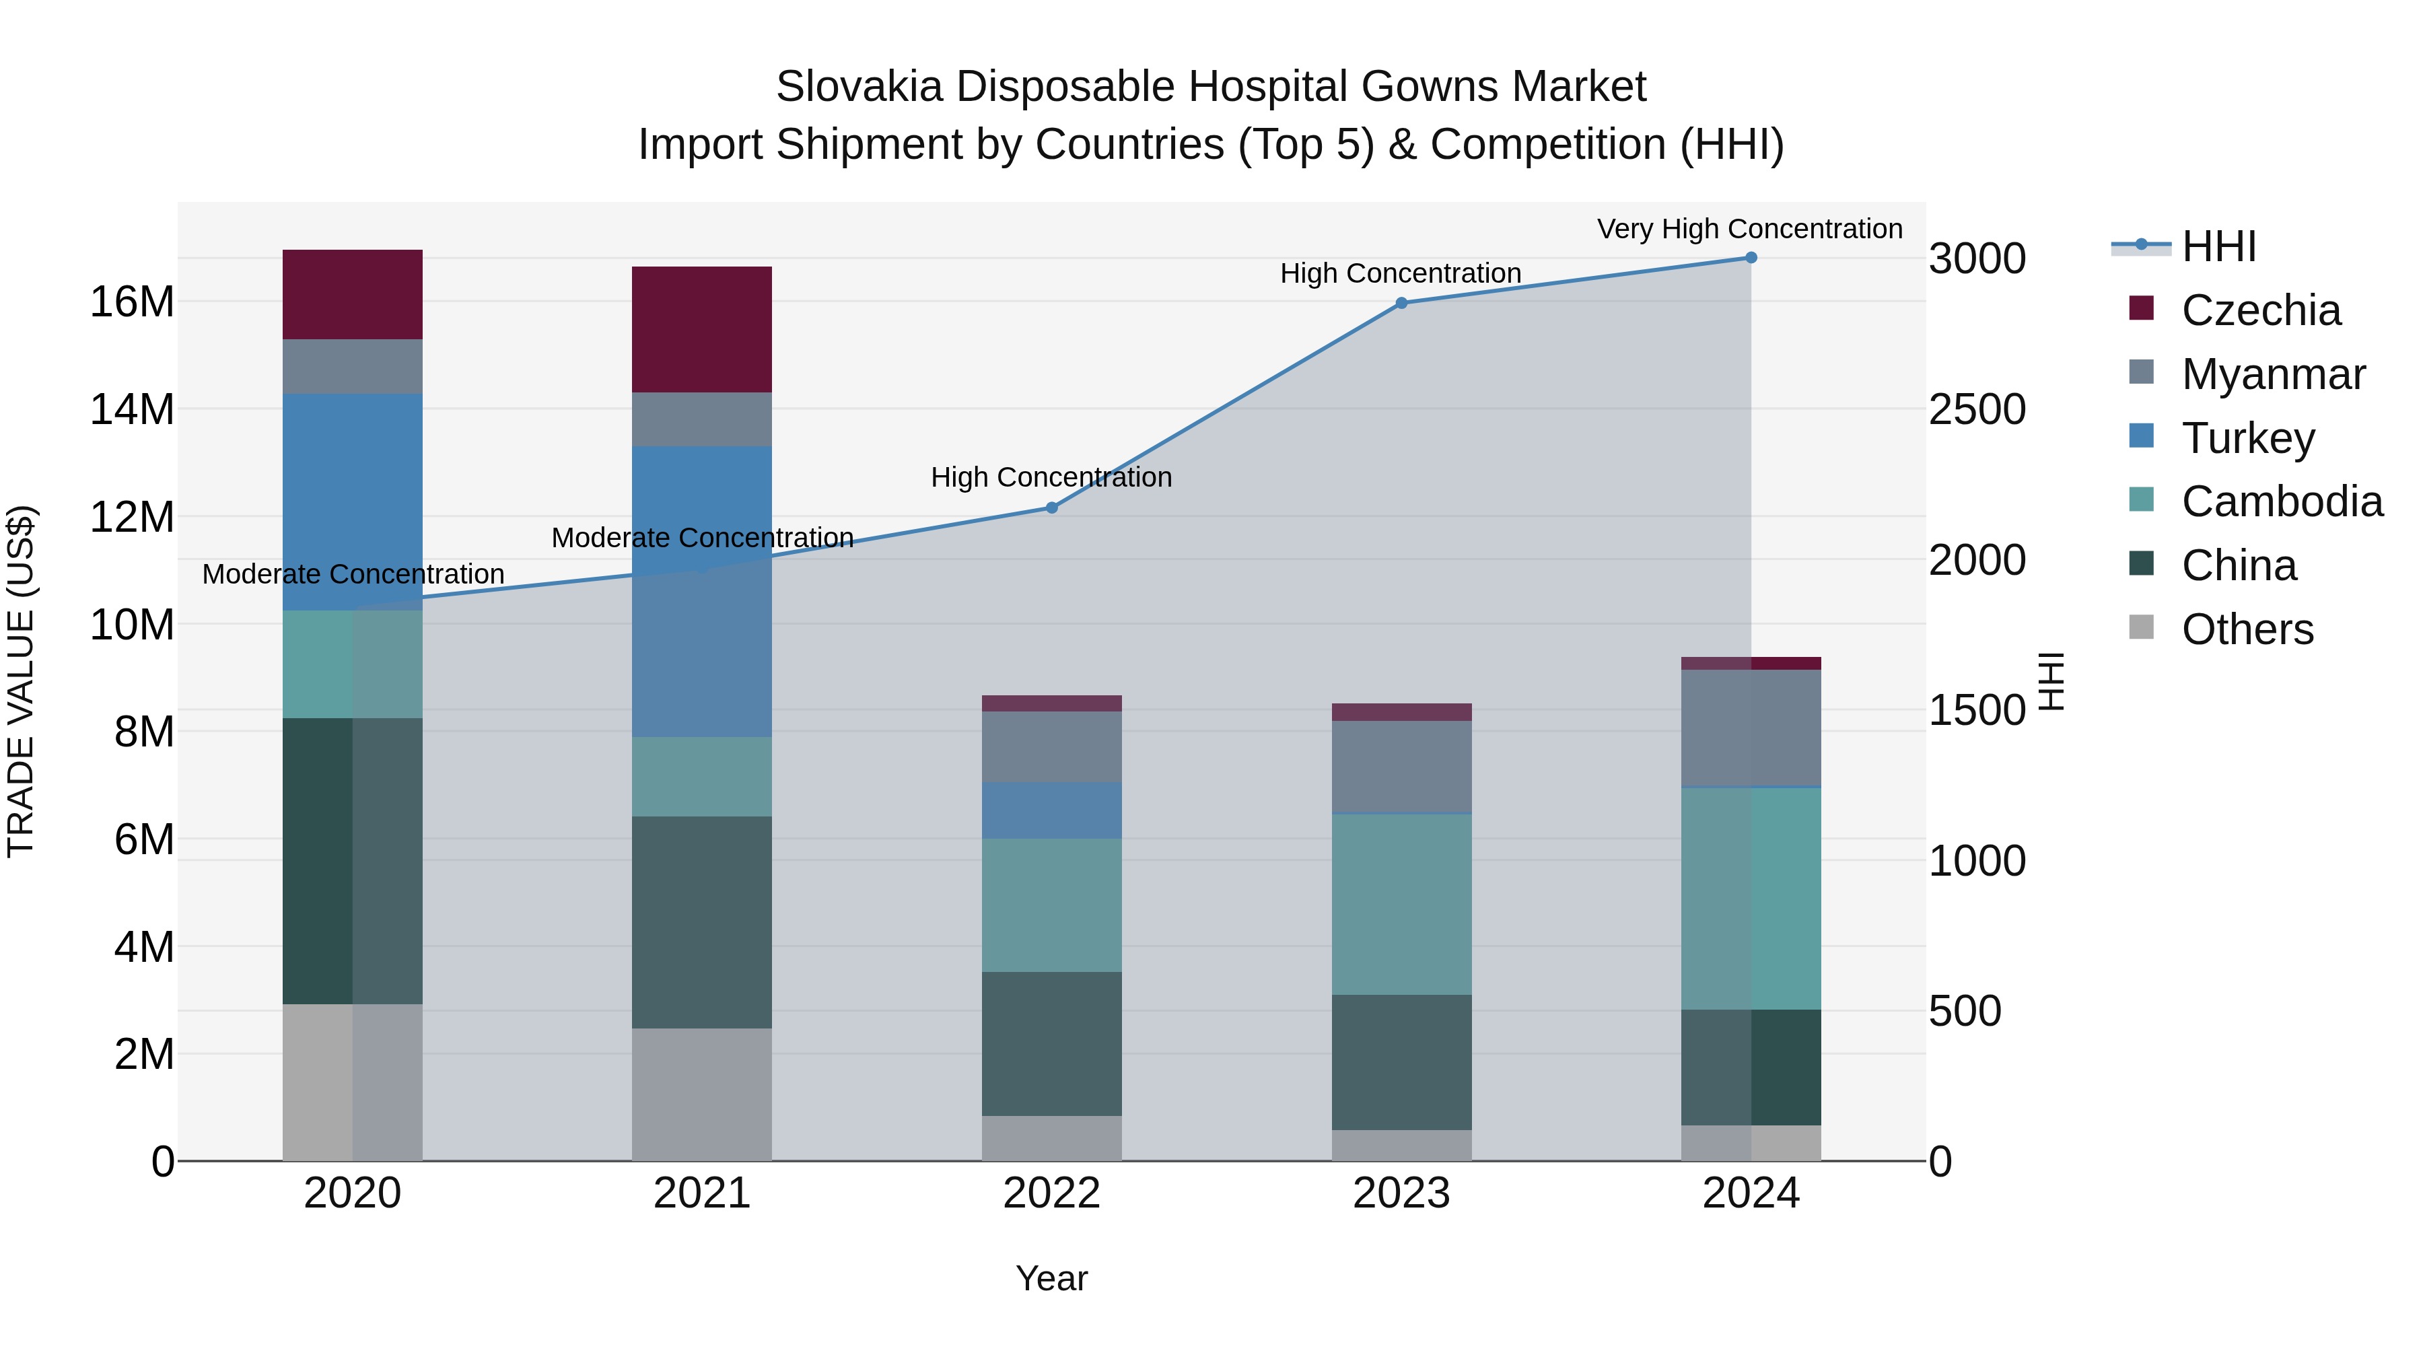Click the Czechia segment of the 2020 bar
coord(352,294)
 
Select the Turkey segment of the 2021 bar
coord(702,591)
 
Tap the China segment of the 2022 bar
coord(1051,1043)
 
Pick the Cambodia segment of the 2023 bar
coord(1401,903)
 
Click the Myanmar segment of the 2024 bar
coord(1751,728)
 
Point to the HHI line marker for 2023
coord(1401,303)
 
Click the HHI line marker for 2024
coord(1751,258)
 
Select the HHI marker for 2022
coord(1051,508)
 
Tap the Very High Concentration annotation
coord(1749,229)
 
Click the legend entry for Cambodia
coord(2281,501)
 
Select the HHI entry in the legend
coord(2218,246)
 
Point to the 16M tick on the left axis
coord(132,302)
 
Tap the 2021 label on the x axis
coord(702,1193)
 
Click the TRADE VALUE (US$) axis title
coord(21,681)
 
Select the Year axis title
coord(1051,1278)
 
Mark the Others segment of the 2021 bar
coord(702,1094)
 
